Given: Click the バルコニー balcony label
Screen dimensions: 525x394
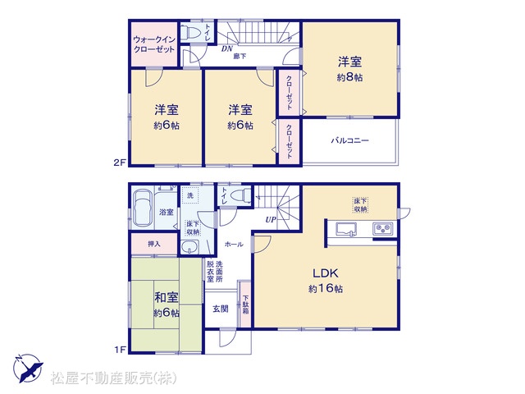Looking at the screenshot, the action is pos(350,140).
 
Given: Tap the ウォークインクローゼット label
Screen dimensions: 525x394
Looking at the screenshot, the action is pos(154,44).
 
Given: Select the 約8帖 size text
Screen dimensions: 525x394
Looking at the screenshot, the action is pos(349,77).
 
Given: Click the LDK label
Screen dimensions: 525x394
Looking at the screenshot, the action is pos(326,273).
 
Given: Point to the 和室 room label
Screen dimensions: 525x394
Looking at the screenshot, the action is pos(167,297).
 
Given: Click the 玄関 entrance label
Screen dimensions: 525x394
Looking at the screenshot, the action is pos(221,309).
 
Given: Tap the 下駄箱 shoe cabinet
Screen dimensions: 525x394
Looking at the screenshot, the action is pos(246,305).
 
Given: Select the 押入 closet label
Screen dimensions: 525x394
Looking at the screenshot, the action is pos(154,244).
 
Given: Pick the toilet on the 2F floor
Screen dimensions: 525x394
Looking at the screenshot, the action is pos(190,33).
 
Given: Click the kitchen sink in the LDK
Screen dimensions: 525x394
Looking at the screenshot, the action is pos(346,230).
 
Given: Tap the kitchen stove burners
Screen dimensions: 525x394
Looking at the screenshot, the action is pos(383,228).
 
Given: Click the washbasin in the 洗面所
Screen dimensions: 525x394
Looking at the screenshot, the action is pos(189,248).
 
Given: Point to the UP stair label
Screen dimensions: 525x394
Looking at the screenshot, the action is pos(271,220).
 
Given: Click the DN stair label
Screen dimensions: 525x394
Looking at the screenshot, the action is pos(227,49).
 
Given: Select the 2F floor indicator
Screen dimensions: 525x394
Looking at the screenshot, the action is pos(120,163).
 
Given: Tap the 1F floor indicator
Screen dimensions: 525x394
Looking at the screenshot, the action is pos(120,350).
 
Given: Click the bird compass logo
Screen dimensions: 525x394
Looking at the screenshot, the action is pos(28,368).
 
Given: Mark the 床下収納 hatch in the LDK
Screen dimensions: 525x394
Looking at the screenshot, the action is pos(361,205).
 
